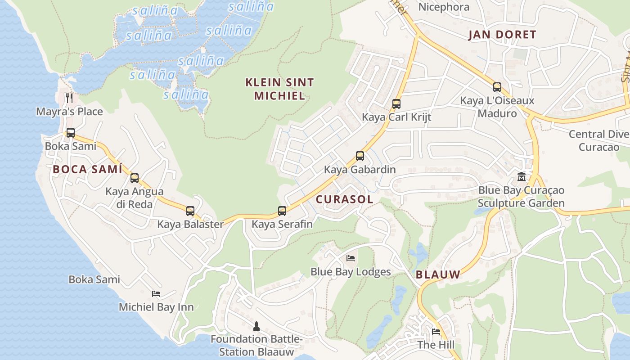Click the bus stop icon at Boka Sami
click(71, 133)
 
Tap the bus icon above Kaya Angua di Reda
click(135, 178)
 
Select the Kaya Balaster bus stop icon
click(190, 211)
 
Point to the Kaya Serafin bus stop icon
click(282, 211)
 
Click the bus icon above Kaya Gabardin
click(360, 156)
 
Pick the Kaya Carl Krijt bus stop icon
click(396, 104)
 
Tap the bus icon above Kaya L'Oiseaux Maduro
click(497, 87)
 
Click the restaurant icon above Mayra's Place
click(69, 98)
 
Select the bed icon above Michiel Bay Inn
click(156, 294)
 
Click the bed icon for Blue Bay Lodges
click(351, 258)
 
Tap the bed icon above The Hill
click(436, 332)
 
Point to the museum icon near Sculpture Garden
click(522, 176)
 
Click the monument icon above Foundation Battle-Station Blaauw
click(256, 326)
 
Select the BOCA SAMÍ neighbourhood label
click(87, 170)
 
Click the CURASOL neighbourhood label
click(344, 199)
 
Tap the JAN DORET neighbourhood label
click(502, 35)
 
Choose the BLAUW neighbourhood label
click(438, 274)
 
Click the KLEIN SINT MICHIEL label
click(279, 89)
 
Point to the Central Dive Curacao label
click(599, 140)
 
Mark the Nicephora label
click(444, 7)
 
